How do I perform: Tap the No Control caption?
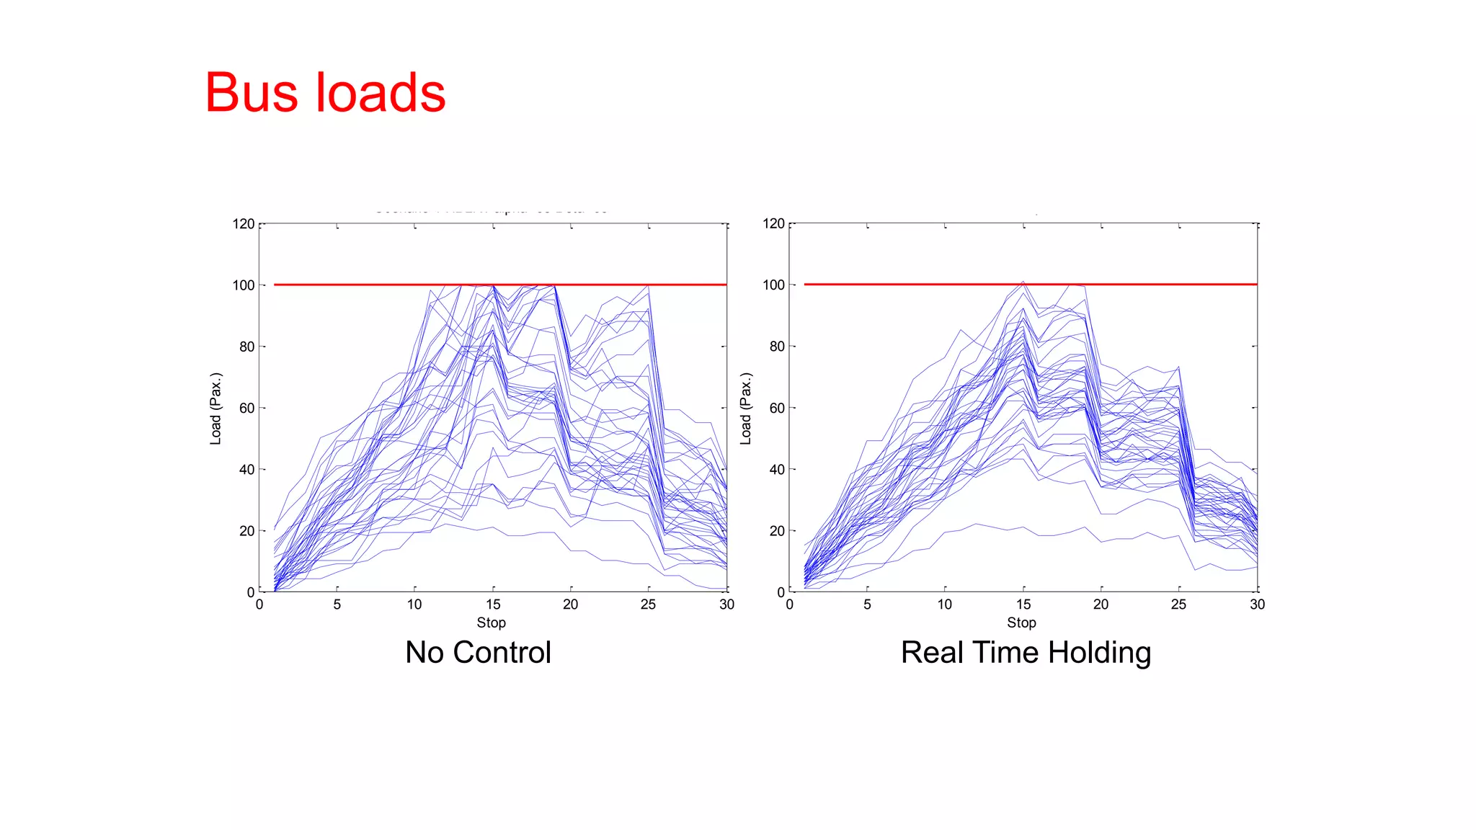478,653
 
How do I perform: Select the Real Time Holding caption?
1026,653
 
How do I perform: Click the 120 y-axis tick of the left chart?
244,224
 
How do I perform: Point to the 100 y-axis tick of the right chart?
773,285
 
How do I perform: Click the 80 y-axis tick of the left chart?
247,347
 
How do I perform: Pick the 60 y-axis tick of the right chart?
777,408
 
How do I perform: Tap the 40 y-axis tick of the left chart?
247,470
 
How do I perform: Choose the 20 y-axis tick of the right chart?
777,531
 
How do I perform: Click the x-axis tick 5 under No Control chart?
337,604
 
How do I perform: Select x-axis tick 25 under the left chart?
648,604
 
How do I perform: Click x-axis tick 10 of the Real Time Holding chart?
945,604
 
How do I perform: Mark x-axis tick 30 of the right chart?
1257,604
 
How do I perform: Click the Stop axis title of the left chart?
491,622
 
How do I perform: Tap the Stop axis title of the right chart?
1021,622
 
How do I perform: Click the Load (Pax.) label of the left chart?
215,409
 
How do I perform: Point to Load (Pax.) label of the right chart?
746,409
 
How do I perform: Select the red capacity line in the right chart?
901,285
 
